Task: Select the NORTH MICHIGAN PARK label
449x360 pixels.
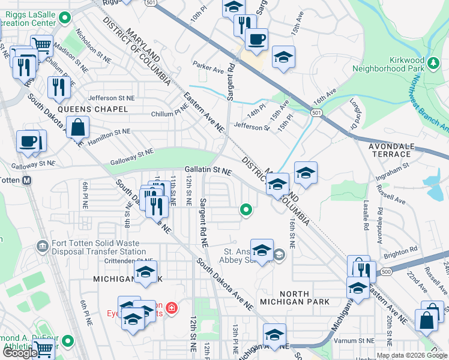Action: coord(294,298)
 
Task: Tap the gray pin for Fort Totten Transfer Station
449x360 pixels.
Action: coord(42,245)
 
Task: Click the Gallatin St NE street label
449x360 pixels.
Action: coord(208,170)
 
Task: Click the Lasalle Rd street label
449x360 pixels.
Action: coord(365,213)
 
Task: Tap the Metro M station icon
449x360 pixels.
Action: coord(26,180)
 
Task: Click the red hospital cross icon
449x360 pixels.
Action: coord(172,308)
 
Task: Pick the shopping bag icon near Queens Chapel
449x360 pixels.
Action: coord(78,128)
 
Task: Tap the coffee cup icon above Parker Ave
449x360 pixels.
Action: coord(257,40)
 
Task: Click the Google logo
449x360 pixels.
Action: coord(20,353)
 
